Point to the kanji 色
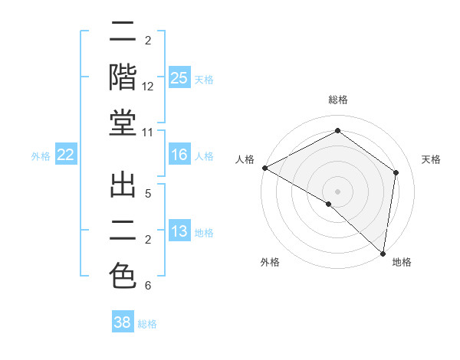(x=123, y=276)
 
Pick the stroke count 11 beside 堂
(x=149, y=133)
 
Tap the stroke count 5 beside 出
(x=148, y=194)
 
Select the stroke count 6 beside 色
(x=148, y=286)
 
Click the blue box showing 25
(x=179, y=77)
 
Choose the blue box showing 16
(x=179, y=155)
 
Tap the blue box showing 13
(x=179, y=231)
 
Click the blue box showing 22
(x=65, y=155)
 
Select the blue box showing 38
(x=123, y=322)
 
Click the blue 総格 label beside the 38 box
(x=147, y=324)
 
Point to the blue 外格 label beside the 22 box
(x=41, y=156)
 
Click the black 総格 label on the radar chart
(x=337, y=100)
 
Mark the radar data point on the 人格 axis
(x=264, y=168)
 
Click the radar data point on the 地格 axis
(x=383, y=253)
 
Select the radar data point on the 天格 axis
(x=396, y=172)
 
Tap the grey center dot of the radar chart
(x=337, y=191)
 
